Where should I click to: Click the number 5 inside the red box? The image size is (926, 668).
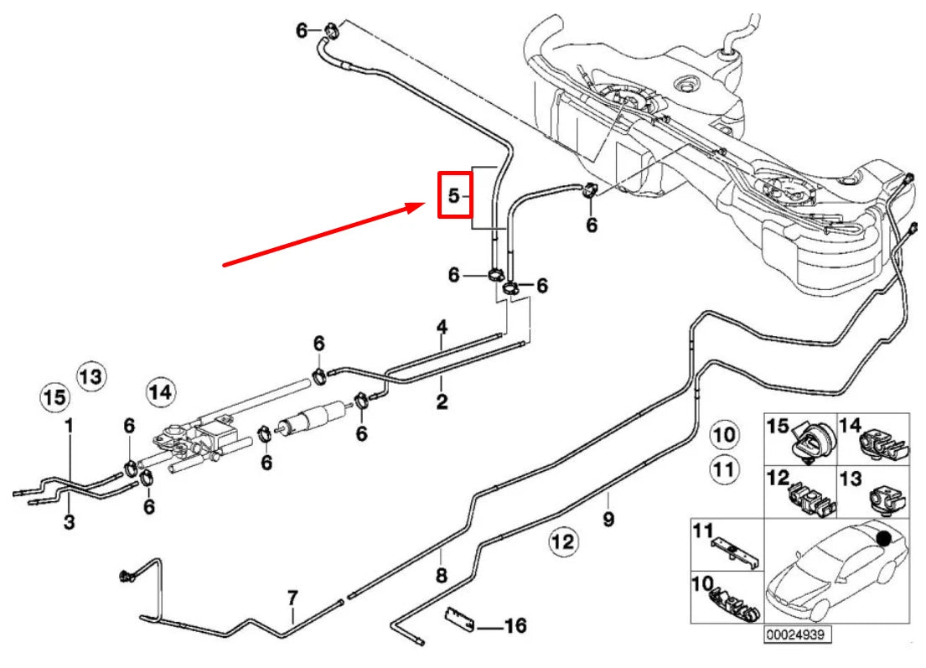[x=453, y=196]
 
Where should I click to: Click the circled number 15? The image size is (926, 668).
[x=54, y=396]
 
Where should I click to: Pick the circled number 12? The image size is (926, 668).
[x=563, y=542]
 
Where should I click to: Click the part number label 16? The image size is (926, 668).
[x=516, y=626]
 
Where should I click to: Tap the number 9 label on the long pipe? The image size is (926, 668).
[x=608, y=520]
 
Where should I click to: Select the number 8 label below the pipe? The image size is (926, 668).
[x=442, y=576]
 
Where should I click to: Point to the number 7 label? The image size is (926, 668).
[x=292, y=598]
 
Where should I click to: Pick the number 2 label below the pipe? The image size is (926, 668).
[x=442, y=402]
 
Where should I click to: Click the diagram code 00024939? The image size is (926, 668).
[x=796, y=635]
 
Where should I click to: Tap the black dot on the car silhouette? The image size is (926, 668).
[x=882, y=537]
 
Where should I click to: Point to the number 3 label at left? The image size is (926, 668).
[x=69, y=522]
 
